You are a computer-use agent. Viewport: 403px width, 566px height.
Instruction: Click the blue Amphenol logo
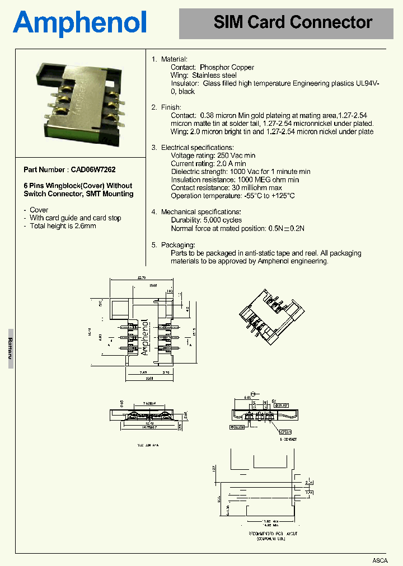coord(80,23)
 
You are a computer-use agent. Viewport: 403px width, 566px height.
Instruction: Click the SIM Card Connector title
coord(293,22)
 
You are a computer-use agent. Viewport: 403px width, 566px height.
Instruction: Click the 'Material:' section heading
coord(174,59)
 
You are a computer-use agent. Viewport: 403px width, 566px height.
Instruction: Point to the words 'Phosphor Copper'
coord(227,67)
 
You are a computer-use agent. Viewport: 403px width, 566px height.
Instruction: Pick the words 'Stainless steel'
coord(214,75)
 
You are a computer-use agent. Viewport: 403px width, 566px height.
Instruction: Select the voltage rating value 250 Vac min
coord(236,155)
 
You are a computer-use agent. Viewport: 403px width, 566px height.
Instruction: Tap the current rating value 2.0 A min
coord(232,163)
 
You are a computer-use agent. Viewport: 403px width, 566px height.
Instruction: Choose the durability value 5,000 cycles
coord(221,220)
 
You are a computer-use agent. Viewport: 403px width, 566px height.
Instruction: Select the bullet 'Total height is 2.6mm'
coord(63,226)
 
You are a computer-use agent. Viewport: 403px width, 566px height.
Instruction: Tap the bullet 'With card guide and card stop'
coord(76,218)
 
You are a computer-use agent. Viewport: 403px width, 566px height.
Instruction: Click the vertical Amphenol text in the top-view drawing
coord(145,337)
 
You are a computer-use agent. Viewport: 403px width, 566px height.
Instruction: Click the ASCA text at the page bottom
coord(380,560)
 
